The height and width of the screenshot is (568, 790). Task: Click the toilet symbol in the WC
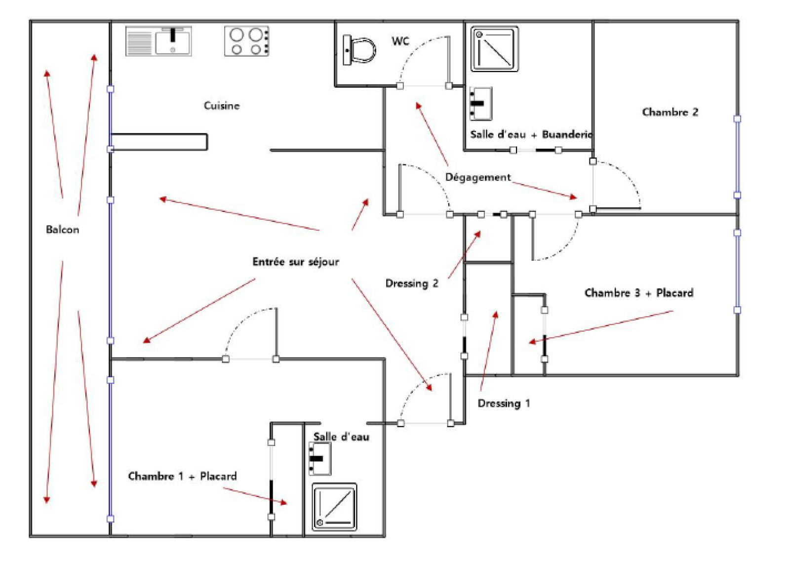coord(359,50)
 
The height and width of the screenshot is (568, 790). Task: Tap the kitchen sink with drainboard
coord(158,41)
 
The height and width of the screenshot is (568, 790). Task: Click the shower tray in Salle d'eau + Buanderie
coord(494,49)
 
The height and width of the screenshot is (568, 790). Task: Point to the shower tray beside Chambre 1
coord(334,507)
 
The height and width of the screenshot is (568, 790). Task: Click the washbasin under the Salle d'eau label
coord(319,458)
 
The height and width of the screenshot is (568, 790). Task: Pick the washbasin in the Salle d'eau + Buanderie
coord(480,104)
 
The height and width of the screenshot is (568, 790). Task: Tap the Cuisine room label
coord(222,106)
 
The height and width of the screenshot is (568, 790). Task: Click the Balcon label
coord(62,230)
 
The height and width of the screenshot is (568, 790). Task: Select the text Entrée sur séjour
coord(295,262)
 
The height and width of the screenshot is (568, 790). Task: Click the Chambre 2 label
coord(670,112)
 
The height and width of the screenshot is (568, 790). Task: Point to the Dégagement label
coord(477,177)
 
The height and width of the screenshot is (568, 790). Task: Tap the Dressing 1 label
coord(504,404)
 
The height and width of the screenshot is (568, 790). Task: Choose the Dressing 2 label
coord(411,284)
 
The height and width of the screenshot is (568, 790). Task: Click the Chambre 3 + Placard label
coord(638,293)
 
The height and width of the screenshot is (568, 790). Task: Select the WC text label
coord(400,41)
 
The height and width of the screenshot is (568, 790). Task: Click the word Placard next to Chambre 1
coord(218,476)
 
